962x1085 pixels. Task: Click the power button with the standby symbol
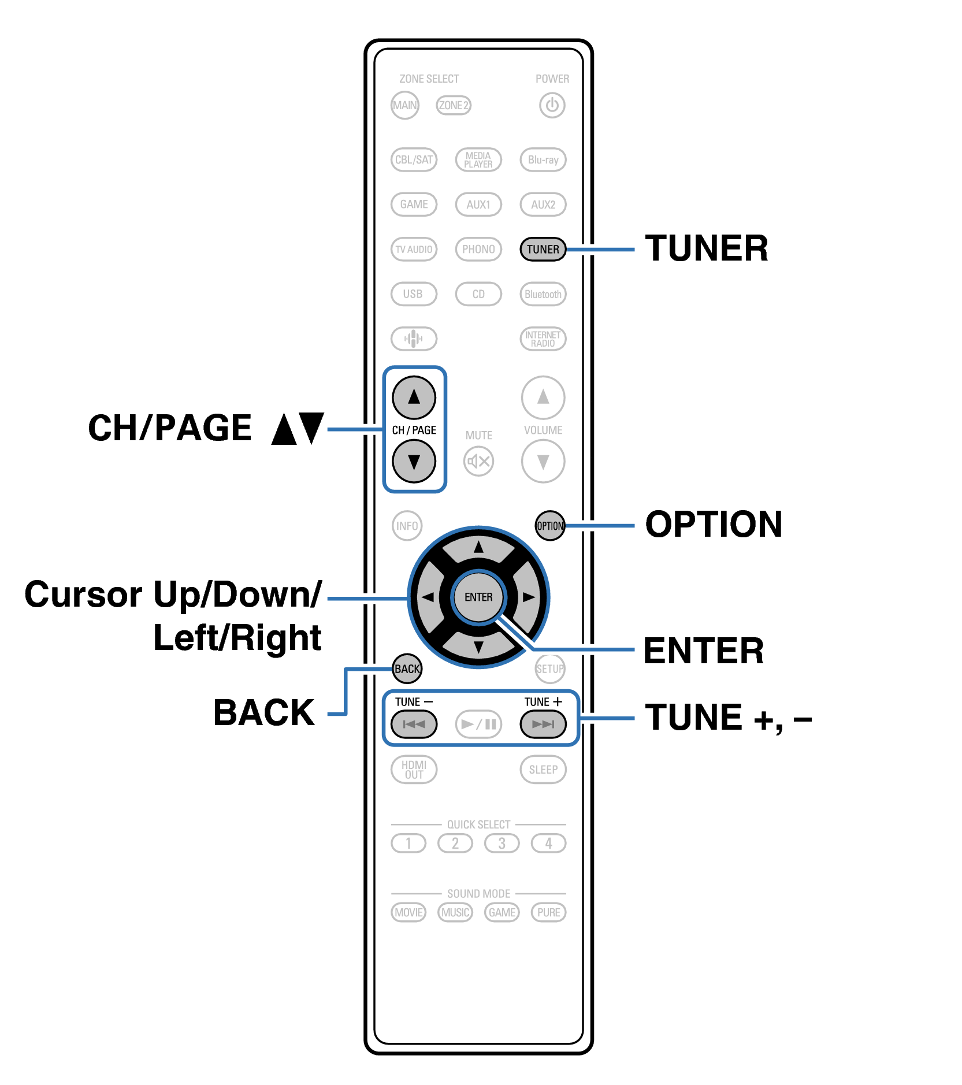coord(552,105)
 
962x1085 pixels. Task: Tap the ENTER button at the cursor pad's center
coord(478,597)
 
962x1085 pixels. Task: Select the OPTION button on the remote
coord(550,526)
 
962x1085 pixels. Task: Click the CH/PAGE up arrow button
coord(414,397)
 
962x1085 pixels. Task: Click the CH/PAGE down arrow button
coord(414,461)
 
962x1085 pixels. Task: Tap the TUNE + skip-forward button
coord(543,724)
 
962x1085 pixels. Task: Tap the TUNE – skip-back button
coord(414,724)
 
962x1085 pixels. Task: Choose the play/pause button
coord(478,724)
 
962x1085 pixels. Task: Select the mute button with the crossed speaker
coord(478,461)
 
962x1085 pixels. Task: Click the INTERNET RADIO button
coord(543,339)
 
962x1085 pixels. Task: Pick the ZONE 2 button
coord(454,105)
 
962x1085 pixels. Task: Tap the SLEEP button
coord(543,770)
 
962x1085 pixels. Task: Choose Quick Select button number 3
coord(502,844)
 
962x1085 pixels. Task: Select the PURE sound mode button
coord(548,912)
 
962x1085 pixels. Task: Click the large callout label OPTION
coord(714,525)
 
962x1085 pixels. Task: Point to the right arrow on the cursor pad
coord(528,597)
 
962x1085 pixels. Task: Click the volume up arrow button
coord(543,397)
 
